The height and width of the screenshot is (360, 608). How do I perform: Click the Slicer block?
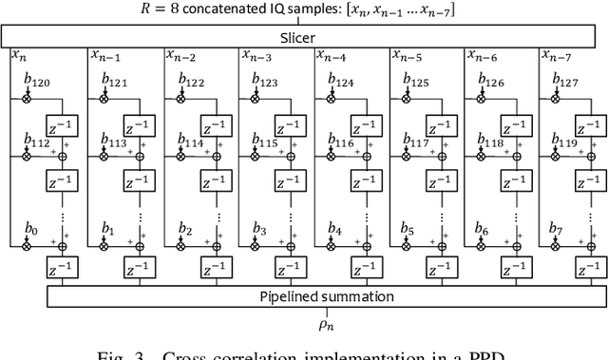coord(304,37)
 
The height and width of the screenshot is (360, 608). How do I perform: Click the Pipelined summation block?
coord(313,296)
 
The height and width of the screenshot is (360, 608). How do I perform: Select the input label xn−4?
coord(332,56)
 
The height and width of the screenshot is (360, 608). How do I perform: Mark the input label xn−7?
coord(557,56)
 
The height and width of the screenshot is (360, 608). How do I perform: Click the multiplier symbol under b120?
coord(28,97)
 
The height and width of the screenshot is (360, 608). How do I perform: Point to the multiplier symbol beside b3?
coord(254,246)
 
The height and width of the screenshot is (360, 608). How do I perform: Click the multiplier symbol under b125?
coord(405,97)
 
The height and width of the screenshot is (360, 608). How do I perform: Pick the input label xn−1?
coord(106,56)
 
